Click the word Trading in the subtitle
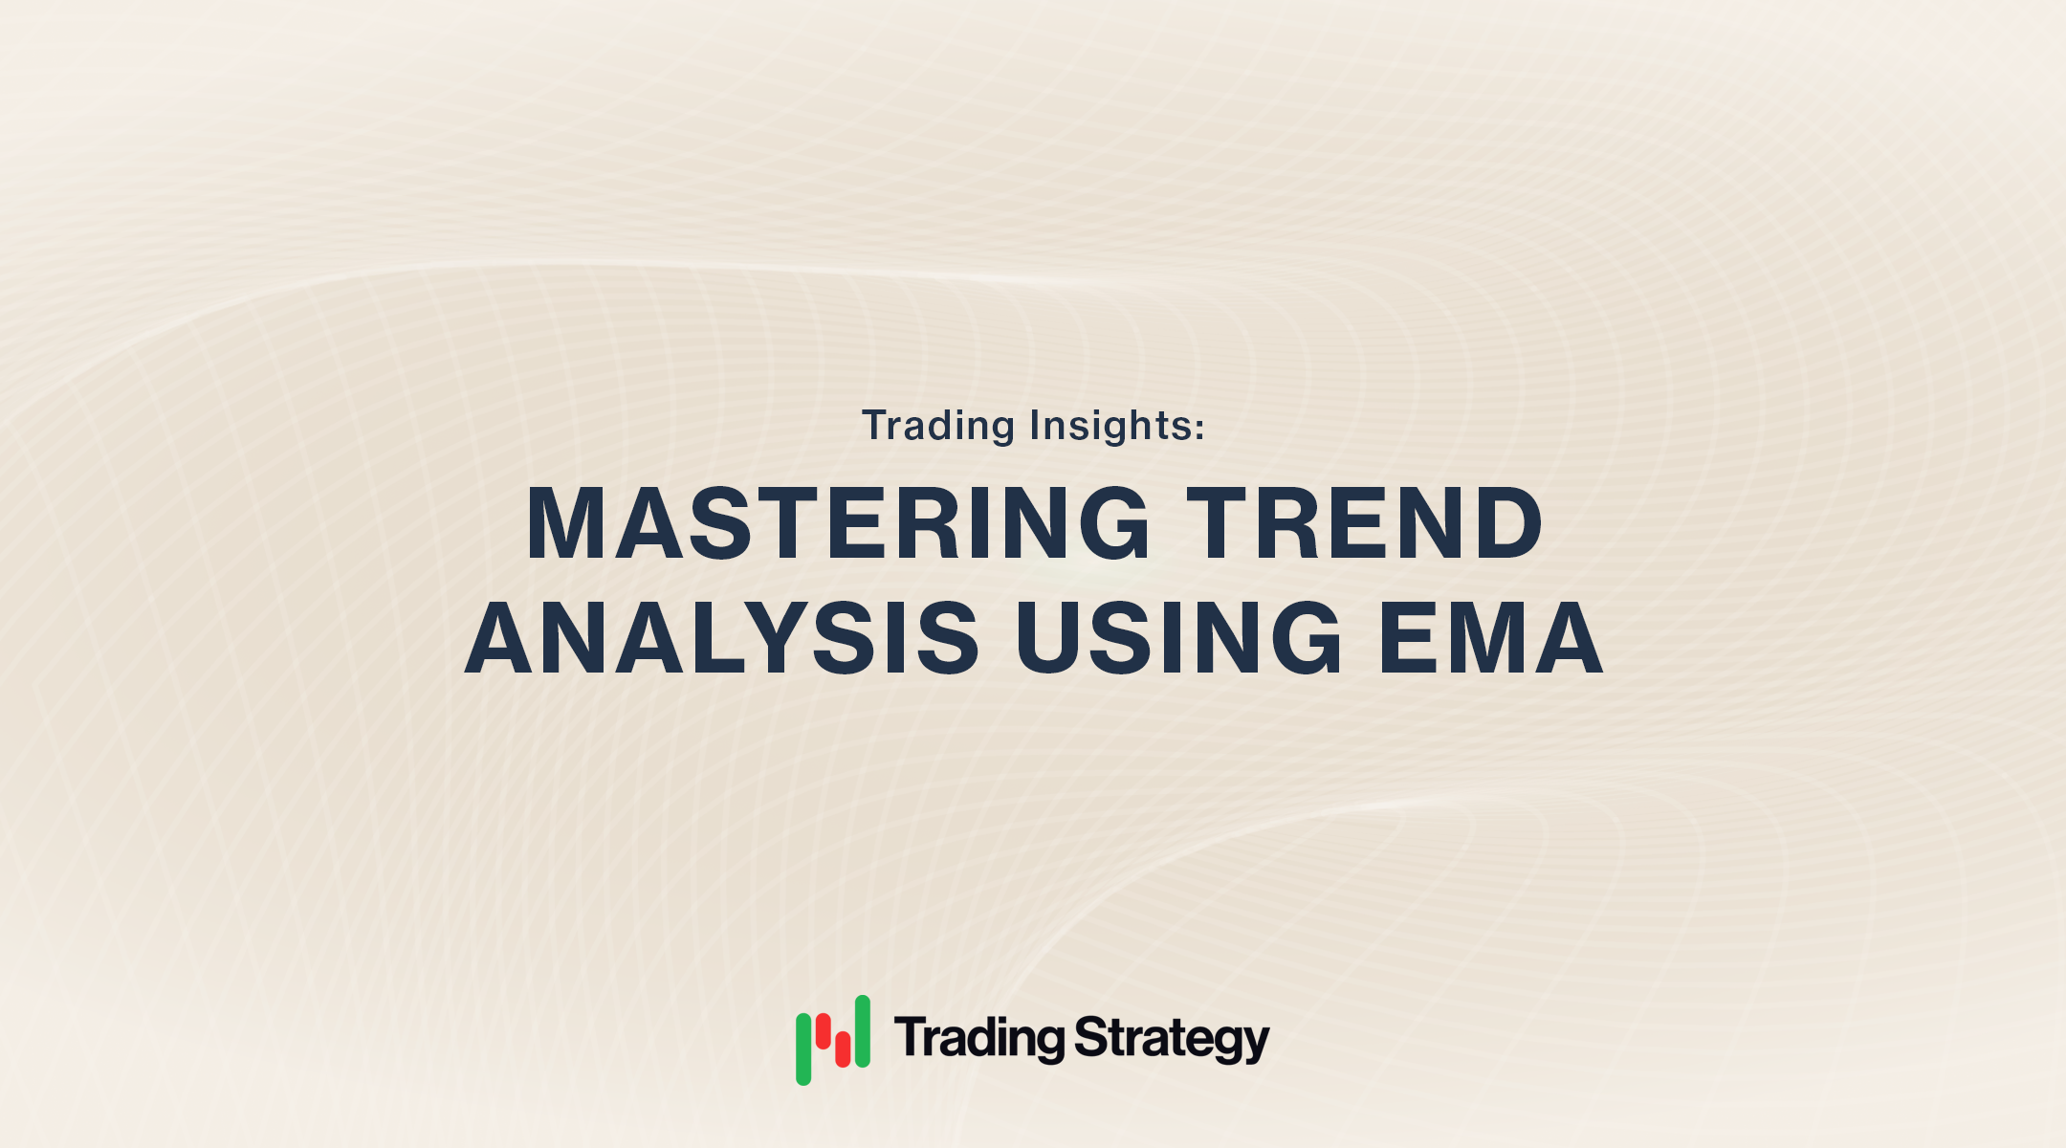coord(937,426)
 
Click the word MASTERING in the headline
coord(838,523)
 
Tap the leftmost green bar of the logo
coord(803,1049)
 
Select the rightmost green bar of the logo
coord(862,1030)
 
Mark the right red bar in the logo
coord(843,1049)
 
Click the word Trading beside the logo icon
coord(979,1039)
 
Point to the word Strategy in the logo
coord(1172,1039)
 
